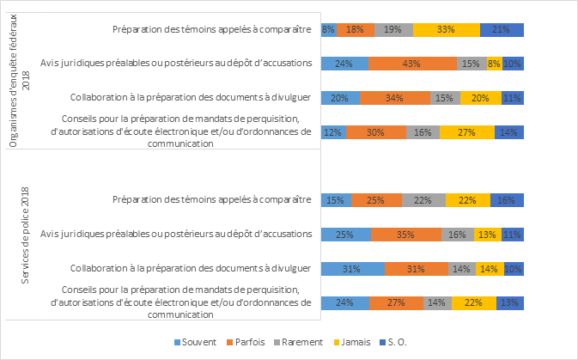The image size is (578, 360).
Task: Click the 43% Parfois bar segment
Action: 412,63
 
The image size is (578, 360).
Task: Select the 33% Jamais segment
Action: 446,29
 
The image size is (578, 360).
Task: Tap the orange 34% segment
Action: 395,97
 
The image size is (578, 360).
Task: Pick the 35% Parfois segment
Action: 405,234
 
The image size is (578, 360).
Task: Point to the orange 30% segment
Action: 375,131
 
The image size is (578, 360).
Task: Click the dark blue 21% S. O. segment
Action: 502,29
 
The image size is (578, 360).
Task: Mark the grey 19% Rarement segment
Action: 393,29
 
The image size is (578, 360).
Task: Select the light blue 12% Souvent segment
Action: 333,131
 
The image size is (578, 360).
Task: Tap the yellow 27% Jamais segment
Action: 466,131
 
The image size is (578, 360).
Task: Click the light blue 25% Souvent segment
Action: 345,234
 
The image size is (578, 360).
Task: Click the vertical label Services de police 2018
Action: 25,235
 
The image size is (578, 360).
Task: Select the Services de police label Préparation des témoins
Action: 211,200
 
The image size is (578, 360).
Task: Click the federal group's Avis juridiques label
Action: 176,63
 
